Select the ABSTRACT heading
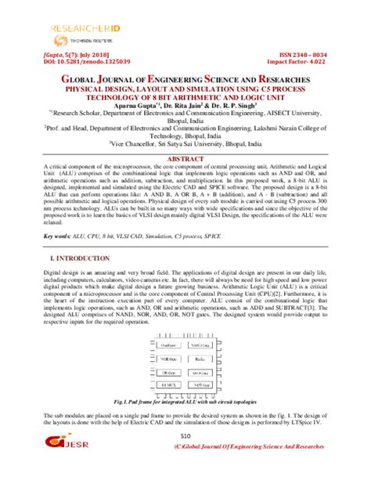tap(185, 159)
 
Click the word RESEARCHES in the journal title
tap(283, 80)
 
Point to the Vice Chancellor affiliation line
tap(185, 144)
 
